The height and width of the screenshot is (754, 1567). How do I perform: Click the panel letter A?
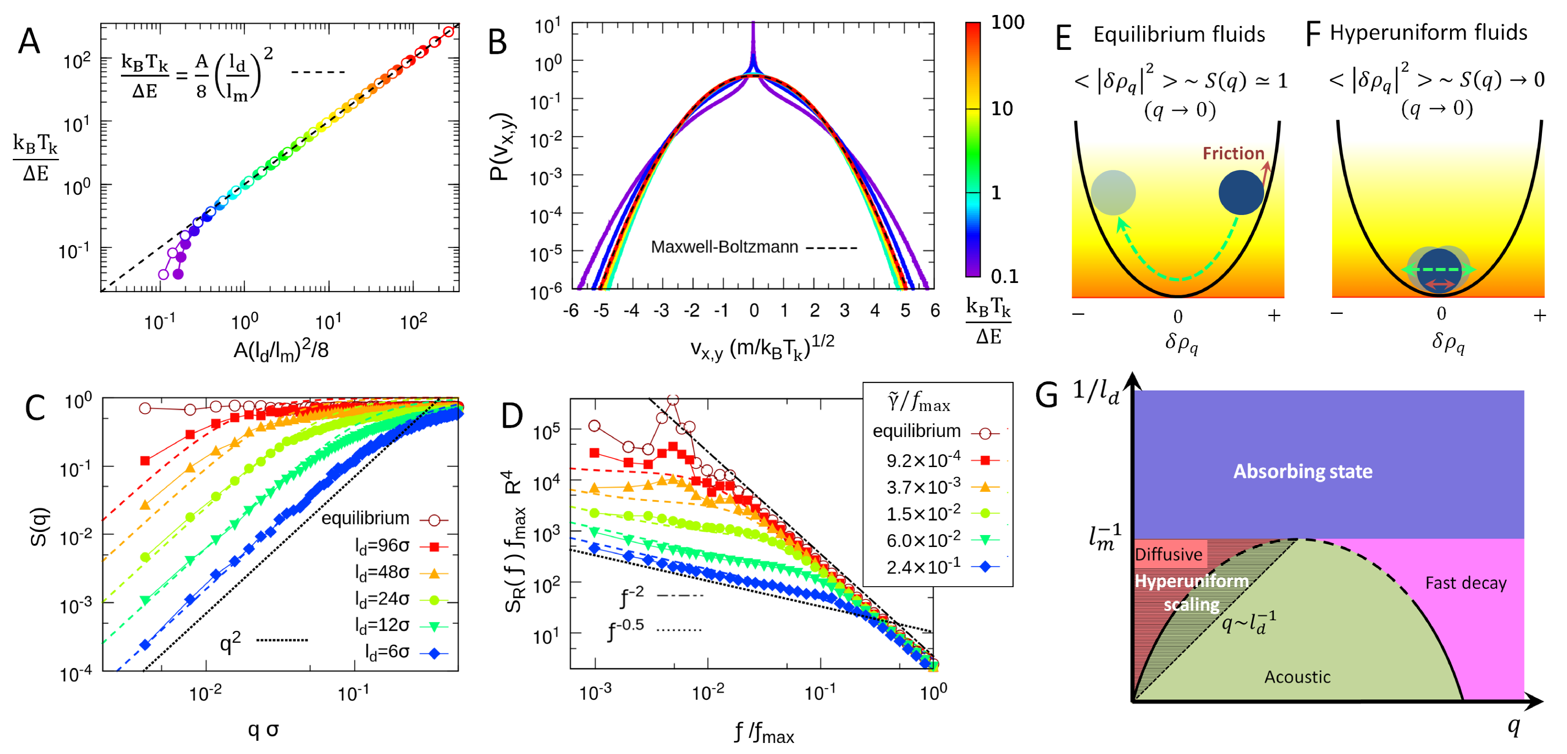29,42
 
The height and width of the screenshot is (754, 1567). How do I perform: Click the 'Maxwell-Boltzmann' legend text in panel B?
724,247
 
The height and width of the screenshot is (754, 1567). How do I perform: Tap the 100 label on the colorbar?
1007,23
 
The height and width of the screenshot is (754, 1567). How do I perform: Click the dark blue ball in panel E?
1241,192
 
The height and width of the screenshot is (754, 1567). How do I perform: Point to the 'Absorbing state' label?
1303,471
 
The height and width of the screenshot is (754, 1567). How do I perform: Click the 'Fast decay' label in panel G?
1465,583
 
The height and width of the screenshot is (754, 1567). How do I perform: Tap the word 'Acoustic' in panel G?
1297,677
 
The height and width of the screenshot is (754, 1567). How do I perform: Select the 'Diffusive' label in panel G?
1168,554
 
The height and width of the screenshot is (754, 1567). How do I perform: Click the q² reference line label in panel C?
230,641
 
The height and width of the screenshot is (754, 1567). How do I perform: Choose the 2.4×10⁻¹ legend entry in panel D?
923,566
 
